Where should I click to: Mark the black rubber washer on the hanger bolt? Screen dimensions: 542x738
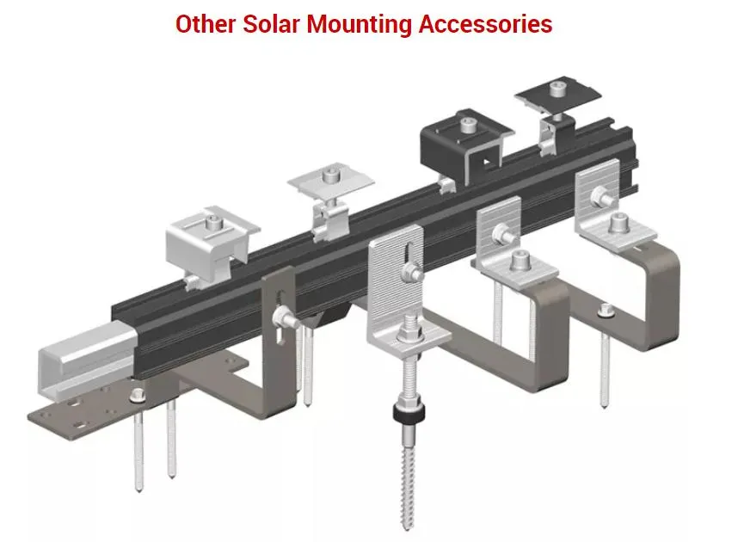[x=403, y=414]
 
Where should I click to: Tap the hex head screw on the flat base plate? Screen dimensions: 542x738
[x=137, y=397]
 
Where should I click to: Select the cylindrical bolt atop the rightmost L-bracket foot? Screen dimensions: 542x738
[x=618, y=225]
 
